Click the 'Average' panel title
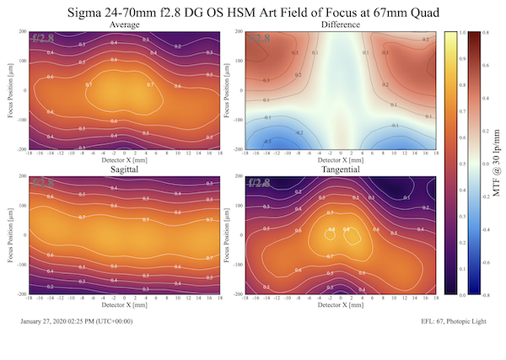click(x=126, y=25)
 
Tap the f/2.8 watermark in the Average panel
click(x=45, y=39)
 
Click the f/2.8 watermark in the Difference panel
click(x=259, y=39)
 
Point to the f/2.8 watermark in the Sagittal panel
click(x=45, y=183)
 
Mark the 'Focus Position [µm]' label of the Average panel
click(x=9, y=90)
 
